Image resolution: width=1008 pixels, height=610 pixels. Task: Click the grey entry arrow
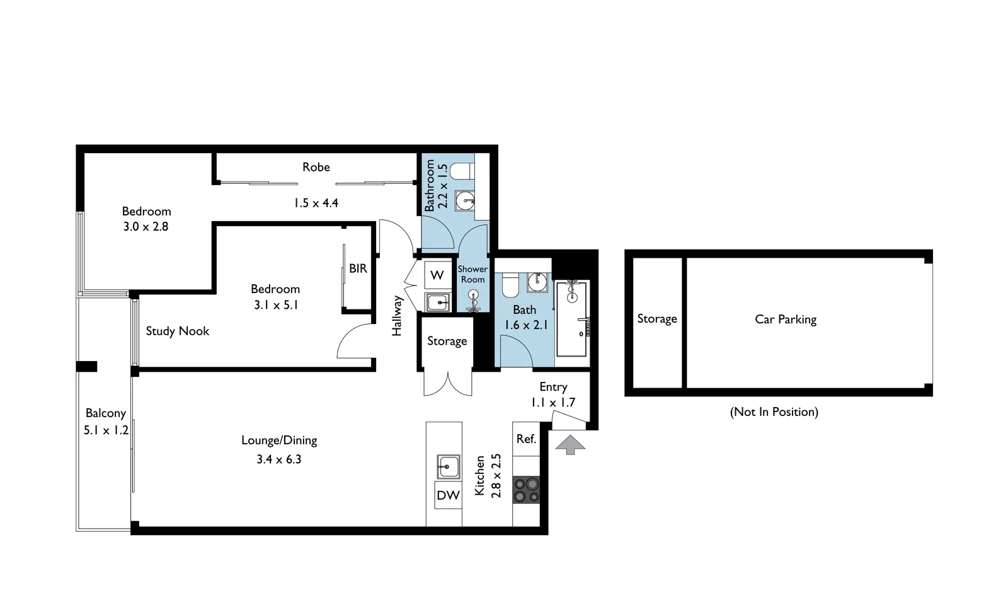tap(570, 445)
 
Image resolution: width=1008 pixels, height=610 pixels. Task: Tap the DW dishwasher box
tap(448, 495)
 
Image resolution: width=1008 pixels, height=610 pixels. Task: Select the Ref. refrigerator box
tap(526, 439)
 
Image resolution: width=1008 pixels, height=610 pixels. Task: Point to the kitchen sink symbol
tap(448, 467)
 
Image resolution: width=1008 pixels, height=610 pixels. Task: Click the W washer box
tap(437, 275)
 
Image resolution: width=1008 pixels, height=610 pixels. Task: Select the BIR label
tap(358, 268)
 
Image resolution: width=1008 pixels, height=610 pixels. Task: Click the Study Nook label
tap(177, 331)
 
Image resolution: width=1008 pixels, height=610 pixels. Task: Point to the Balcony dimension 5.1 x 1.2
tap(106, 430)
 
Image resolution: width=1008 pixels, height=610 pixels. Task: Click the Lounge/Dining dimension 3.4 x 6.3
tap(278, 459)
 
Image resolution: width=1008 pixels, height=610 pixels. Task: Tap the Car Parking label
tap(785, 319)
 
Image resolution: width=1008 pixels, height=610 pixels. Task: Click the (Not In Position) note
tap(774, 412)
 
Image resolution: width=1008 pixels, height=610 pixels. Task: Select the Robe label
tap(316, 167)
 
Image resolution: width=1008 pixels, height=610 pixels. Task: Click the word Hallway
tap(397, 315)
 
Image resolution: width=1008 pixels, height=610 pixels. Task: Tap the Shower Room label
tap(472, 274)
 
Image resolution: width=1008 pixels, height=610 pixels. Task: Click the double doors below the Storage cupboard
tap(447, 384)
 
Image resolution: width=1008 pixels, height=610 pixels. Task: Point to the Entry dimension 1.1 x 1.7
tap(553, 403)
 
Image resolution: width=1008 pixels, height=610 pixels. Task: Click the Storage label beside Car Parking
tap(656, 319)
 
